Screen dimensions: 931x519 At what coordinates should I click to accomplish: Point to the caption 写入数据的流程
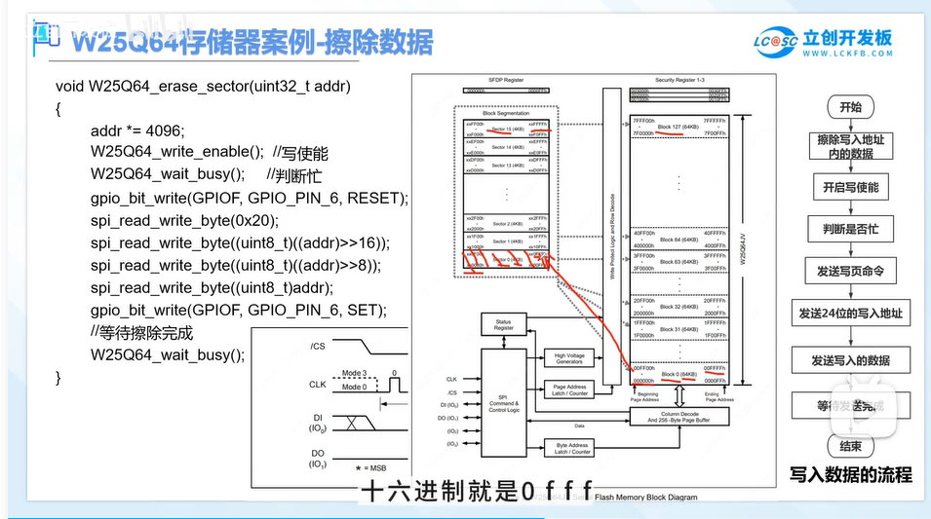[x=850, y=474]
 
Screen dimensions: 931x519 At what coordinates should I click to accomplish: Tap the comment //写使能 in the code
[x=300, y=153]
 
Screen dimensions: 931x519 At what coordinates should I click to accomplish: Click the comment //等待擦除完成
[x=141, y=332]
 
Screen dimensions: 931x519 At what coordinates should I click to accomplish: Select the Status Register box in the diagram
[x=504, y=325]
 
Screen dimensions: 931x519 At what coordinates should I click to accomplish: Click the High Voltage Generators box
[x=569, y=358]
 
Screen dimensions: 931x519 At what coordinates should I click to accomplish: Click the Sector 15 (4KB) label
[x=508, y=129]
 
